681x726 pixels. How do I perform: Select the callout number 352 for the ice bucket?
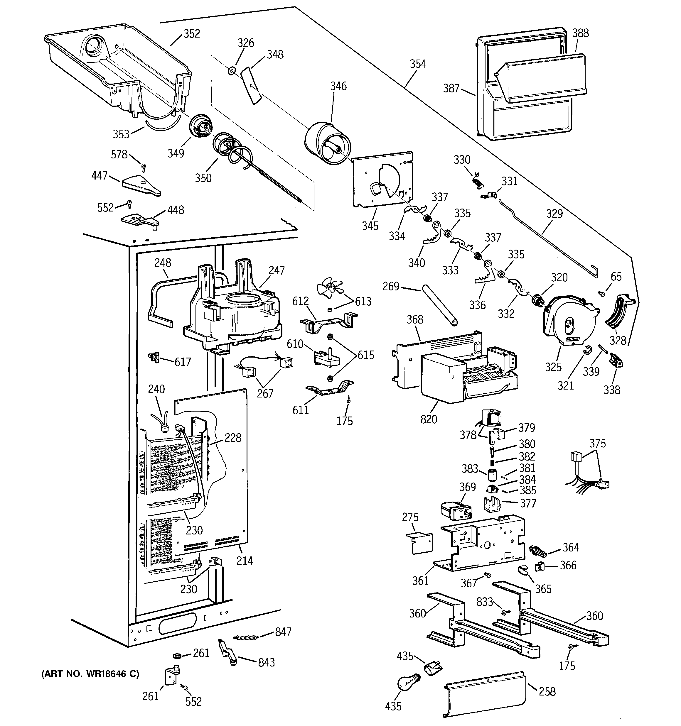point(192,34)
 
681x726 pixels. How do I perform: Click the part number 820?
point(428,419)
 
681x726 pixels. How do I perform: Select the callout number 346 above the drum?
point(338,86)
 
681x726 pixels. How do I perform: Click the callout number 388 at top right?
point(580,33)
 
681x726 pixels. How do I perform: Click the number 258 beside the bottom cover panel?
point(547,691)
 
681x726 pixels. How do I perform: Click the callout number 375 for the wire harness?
point(597,443)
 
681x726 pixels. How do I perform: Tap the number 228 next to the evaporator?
point(233,437)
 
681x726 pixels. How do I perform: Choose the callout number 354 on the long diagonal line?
point(417,64)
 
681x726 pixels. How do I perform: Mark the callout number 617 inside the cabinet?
point(182,362)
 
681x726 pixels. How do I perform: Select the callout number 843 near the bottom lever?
point(266,662)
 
